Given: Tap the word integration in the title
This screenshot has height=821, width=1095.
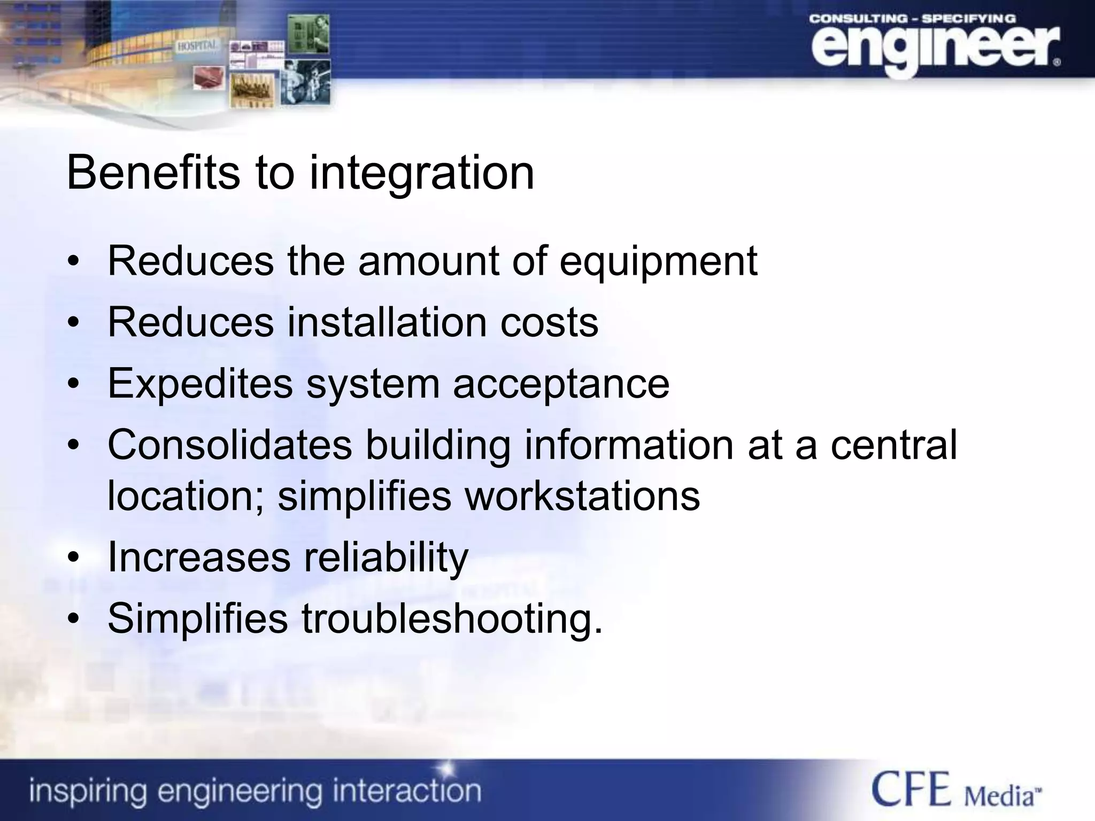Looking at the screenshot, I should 422,174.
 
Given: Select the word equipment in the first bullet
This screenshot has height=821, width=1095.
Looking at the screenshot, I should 658,261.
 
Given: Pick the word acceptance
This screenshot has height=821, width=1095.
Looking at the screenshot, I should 561,384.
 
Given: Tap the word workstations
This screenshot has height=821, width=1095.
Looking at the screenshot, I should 582,496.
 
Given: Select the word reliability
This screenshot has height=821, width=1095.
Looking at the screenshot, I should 386,558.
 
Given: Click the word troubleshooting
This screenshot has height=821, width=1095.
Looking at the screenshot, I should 452,618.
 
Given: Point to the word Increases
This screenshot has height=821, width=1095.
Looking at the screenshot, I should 199,557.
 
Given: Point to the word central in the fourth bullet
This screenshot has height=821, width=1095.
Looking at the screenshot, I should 893,445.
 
